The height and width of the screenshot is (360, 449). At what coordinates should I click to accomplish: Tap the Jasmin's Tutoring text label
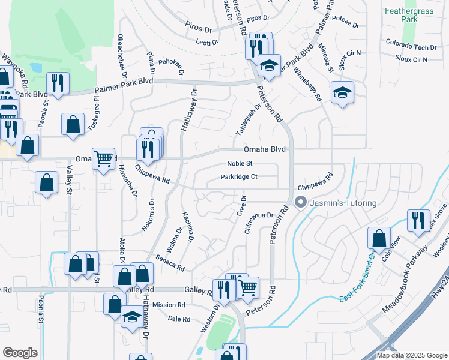pyautogui.click(x=343, y=203)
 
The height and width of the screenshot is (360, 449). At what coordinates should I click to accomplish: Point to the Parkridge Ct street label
pyautogui.click(x=239, y=176)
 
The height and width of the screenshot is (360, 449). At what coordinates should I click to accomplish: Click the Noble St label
pyautogui.click(x=240, y=163)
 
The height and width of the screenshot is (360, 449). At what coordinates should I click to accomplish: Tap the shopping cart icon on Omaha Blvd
pyautogui.click(x=104, y=158)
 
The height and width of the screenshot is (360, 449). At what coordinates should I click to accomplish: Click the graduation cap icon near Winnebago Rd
pyautogui.click(x=342, y=92)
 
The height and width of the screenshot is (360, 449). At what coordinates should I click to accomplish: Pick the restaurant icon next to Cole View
pyautogui.click(x=416, y=219)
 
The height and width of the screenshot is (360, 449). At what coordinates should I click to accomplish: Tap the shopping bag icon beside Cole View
pyautogui.click(x=379, y=238)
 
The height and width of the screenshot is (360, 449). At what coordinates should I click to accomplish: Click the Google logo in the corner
pyautogui.click(x=20, y=352)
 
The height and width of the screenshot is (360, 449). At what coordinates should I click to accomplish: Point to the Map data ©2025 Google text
pyautogui.click(x=411, y=355)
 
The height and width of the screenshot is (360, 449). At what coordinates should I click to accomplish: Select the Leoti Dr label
pyautogui.click(x=206, y=42)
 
